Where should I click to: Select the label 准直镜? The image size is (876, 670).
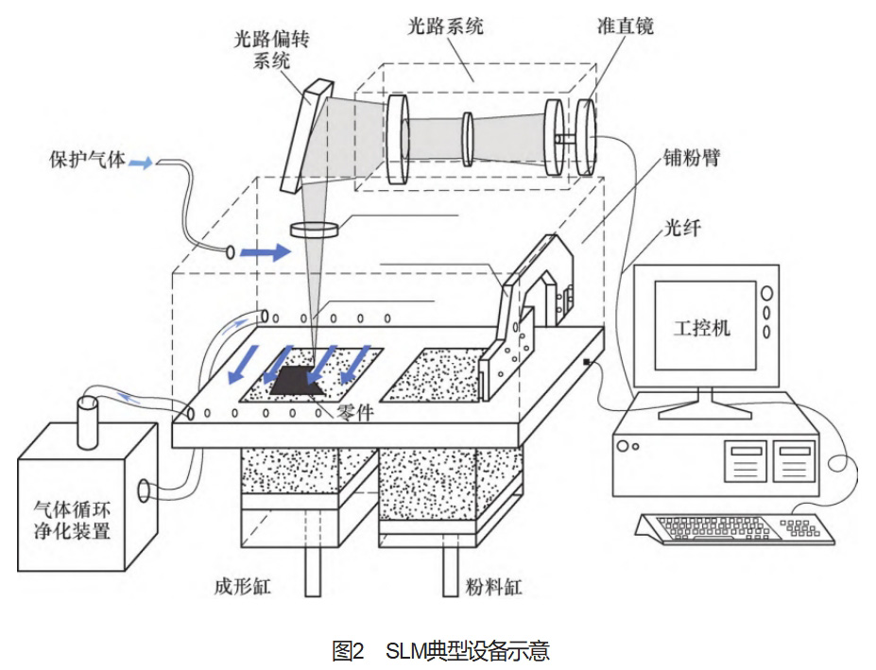[625, 26]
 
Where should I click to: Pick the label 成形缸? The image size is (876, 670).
[243, 587]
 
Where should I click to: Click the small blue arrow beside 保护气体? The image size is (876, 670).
[139, 163]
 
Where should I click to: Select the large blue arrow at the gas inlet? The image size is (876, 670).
[266, 252]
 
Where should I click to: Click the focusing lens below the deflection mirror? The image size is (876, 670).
[318, 229]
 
